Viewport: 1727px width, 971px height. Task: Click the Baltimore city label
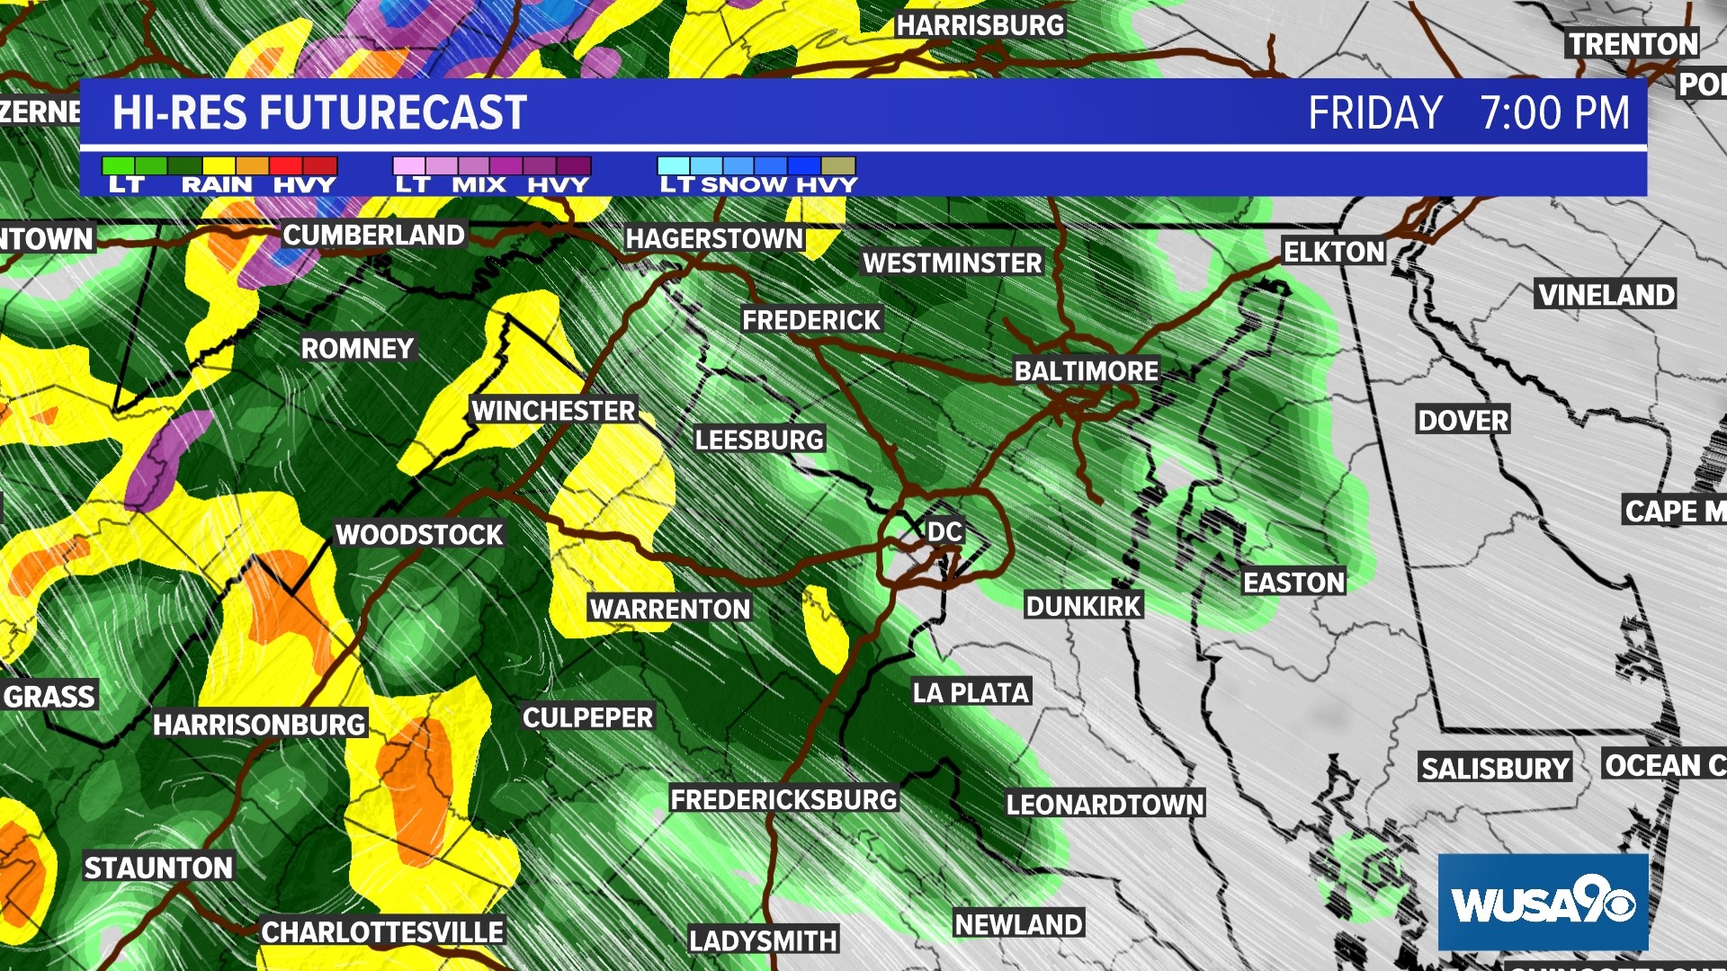1087,370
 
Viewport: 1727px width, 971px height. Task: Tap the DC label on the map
944,531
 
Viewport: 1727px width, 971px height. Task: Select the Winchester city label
553,411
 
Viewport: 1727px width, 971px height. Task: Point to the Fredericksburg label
783,799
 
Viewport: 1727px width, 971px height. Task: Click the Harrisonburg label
259,725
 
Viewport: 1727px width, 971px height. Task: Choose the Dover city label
1463,420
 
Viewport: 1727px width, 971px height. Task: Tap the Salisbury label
1495,769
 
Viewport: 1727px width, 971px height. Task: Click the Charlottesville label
382,932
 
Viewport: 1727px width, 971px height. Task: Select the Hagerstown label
714,238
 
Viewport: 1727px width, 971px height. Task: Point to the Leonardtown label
1105,804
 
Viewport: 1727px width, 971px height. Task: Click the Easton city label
1293,583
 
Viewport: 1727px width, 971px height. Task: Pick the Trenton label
1633,44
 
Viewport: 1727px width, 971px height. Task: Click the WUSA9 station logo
1543,902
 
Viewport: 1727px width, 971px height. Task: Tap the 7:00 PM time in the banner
1554,113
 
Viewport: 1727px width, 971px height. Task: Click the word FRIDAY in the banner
1374,113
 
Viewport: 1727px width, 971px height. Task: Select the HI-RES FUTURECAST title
319,113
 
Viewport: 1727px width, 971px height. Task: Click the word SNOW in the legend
744,185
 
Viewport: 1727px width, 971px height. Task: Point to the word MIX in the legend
479,185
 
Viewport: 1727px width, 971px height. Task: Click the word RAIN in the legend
217,185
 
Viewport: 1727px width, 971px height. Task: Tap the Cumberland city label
373,236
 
